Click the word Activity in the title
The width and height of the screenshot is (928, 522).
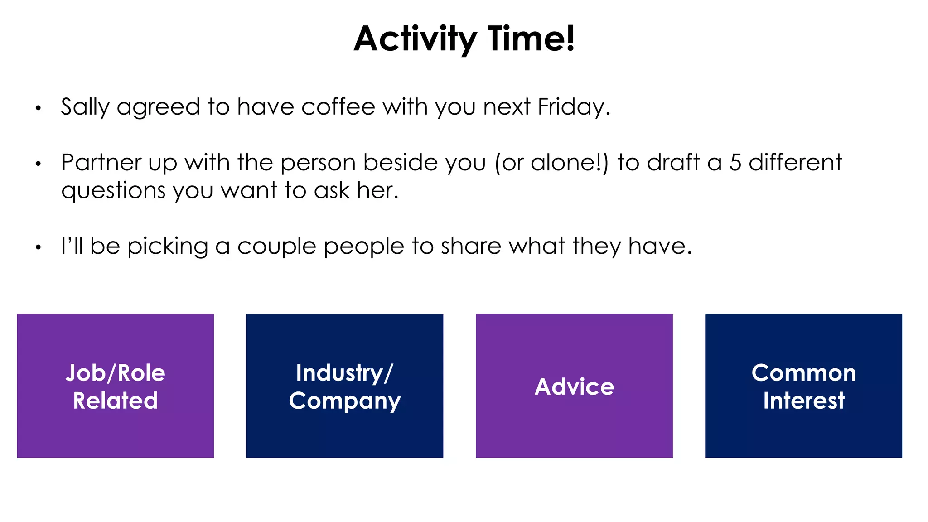pyautogui.click(x=415, y=39)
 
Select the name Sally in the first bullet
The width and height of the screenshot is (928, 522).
pyautogui.click(x=85, y=107)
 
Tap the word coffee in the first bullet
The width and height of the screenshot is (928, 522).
pyautogui.click(x=338, y=107)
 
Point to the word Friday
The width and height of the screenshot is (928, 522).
pyautogui.click(x=574, y=107)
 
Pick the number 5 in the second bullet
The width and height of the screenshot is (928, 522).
pyautogui.click(x=735, y=163)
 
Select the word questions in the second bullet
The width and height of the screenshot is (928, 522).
pyautogui.click(x=113, y=191)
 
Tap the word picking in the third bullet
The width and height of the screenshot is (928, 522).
pyautogui.click(x=167, y=247)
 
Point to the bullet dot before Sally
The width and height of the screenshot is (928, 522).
pyautogui.click(x=39, y=108)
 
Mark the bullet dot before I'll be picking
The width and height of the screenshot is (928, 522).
pyautogui.click(x=39, y=247)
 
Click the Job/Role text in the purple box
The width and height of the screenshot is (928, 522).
pyautogui.click(x=116, y=373)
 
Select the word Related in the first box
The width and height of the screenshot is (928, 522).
pyautogui.click(x=116, y=401)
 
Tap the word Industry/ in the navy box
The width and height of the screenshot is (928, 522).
pyautogui.click(x=344, y=373)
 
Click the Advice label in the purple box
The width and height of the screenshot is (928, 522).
pyautogui.click(x=574, y=387)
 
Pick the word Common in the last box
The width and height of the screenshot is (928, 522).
pyautogui.click(x=803, y=373)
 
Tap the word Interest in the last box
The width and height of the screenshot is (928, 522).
pyautogui.click(x=803, y=401)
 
